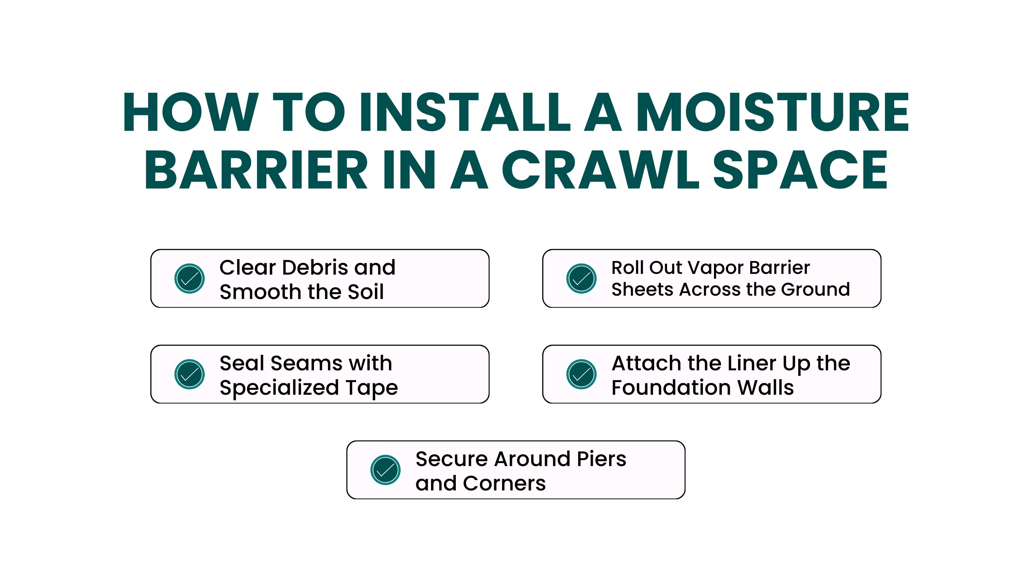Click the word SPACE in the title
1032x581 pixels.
[800, 170]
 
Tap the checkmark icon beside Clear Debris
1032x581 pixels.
[189, 279]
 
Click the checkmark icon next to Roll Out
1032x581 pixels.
[581, 279]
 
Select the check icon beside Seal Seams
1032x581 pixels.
[189, 374]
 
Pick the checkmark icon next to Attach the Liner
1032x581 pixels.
[581, 374]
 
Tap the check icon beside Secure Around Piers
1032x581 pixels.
[385, 470]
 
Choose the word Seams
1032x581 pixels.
[307, 364]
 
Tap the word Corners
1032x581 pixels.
[505, 483]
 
